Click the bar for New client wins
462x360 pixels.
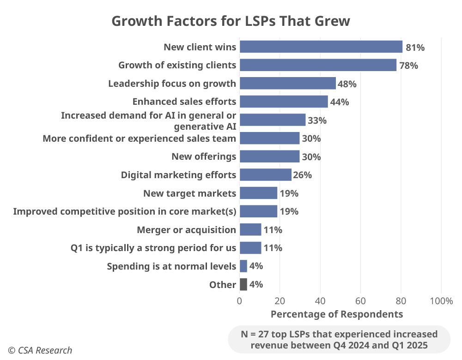point(321,47)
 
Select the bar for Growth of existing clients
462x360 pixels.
point(318,65)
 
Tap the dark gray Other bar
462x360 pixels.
point(243,284)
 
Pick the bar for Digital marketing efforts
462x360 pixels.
point(265,174)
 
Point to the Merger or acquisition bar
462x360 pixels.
point(250,229)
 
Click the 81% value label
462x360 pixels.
point(415,47)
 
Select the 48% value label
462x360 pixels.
point(347,84)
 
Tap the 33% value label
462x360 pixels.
point(317,120)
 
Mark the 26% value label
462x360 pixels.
point(303,175)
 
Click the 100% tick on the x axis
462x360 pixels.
point(441,301)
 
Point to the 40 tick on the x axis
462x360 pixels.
point(320,301)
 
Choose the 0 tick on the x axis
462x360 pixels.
point(239,301)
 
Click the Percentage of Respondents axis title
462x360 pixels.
point(336,314)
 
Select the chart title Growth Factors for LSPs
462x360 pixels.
point(231,21)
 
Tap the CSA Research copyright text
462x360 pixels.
point(40,350)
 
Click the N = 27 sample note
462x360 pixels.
point(339,339)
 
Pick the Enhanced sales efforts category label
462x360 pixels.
point(184,102)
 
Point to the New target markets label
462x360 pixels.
point(190,193)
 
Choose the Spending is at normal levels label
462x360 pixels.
point(171,266)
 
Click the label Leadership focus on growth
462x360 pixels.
point(172,84)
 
